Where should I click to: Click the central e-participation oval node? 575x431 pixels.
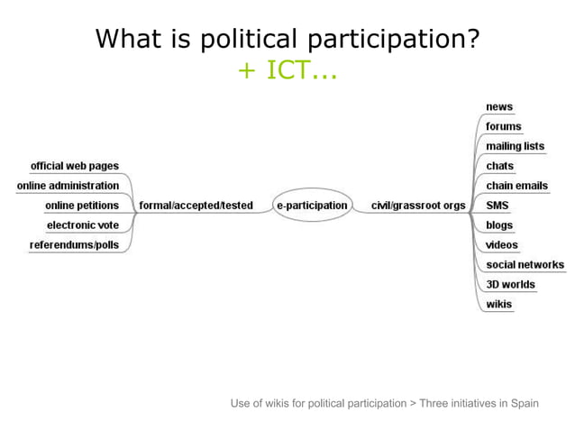tap(311, 206)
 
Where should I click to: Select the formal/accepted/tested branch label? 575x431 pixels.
tap(196, 206)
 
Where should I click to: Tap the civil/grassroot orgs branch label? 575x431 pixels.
tap(418, 206)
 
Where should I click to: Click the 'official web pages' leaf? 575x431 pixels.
tap(75, 166)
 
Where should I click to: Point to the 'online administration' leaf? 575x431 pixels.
tap(68, 186)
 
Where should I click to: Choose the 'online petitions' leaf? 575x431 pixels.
tap(82, 206)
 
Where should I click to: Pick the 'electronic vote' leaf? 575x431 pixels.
tap(83, 225)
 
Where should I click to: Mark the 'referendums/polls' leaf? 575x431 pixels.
tap(74, 245)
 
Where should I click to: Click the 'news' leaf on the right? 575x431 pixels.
tap(499, 106)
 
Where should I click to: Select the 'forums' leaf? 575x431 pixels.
tap(504, 126)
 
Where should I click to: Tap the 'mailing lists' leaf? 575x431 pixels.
tap(516, 146)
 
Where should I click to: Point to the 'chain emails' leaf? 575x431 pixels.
tap(517, 186)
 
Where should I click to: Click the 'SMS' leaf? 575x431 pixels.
tap(497, 206)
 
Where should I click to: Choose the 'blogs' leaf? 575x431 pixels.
tap(499, 225)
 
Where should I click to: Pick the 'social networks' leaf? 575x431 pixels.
tap(525, 265)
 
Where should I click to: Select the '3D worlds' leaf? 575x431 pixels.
tap(511, 285)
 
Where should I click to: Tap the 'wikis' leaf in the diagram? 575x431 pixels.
tap(499, 305)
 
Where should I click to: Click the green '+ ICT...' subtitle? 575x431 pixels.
tap(287, 70)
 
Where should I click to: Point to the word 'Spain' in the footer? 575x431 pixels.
tap(524, 403)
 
